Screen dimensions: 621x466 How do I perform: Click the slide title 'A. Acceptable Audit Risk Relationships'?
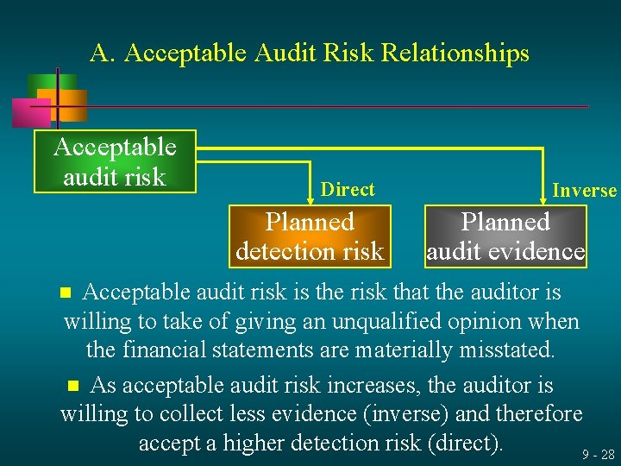pyautogui.click(x=309, y=54)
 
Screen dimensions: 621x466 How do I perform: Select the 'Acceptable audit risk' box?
pyautogui.click(x=115, y=161)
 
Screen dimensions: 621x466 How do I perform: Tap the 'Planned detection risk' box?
pyautogui.click(x=310, y=236)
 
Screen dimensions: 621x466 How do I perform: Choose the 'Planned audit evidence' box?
pyautogui.click(x=505, y=236)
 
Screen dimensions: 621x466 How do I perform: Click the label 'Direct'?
pyautogui.click(x=347, y=190)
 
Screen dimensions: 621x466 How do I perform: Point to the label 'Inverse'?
pyautogui.click(x=584, y=191)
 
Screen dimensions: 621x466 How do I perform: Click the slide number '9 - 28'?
pyautogui.click(x=598, y=454)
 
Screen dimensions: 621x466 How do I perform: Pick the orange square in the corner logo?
pyautogui.click(x=69, y=104)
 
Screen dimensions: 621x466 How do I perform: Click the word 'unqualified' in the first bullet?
pyautogui.click(x=408, y=322)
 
